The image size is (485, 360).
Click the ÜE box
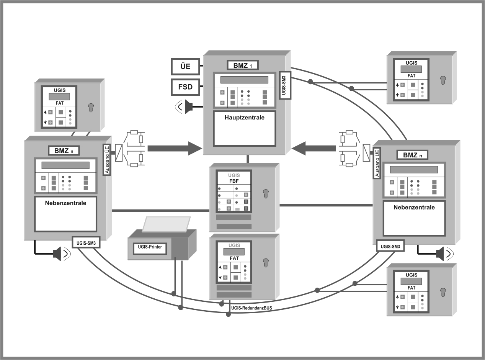click(186, 67)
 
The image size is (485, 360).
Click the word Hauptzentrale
click(245, 118)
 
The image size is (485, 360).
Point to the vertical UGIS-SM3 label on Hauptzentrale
click(284, 85)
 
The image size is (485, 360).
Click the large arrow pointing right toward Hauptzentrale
click(175, 148)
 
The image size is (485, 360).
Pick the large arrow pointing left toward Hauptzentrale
click(314, 148)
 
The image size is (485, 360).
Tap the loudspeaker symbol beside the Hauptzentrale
click(188, 106)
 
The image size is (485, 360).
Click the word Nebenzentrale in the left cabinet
click(65, 203)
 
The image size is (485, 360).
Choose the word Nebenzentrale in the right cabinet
click(414, 207)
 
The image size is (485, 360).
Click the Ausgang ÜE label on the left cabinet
click(107, 160)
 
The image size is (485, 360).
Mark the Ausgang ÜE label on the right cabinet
click(377, 164)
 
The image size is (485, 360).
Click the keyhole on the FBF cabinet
click(265, 194)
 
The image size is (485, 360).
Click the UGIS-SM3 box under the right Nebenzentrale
click(390, 247)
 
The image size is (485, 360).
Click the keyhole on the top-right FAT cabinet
click(443, 80)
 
